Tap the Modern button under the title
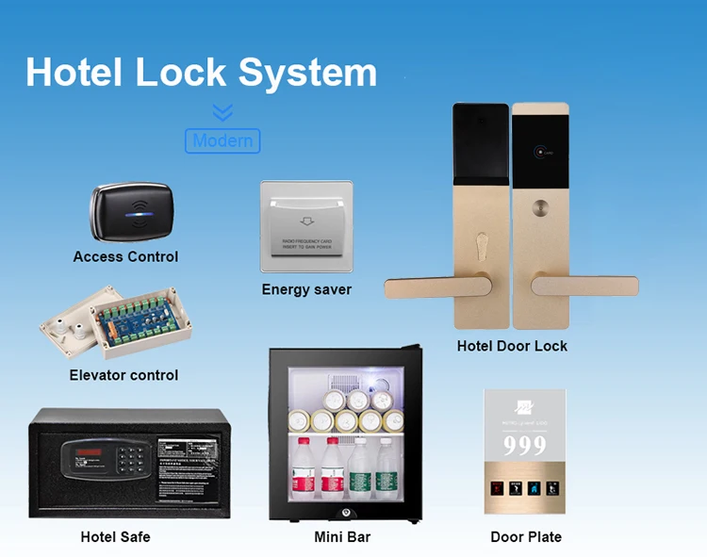click(222, 141)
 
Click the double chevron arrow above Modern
click(222, 113)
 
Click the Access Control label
click(125, 256)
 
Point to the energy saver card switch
click(306, 226)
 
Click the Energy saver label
click(306, 289)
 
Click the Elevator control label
click(123, 375)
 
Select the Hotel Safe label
click(115, 537)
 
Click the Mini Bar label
click(342, 537)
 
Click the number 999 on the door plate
click(524, 445)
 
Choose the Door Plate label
click(526, 537)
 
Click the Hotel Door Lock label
click(512, 346)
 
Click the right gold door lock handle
click(585, 285)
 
